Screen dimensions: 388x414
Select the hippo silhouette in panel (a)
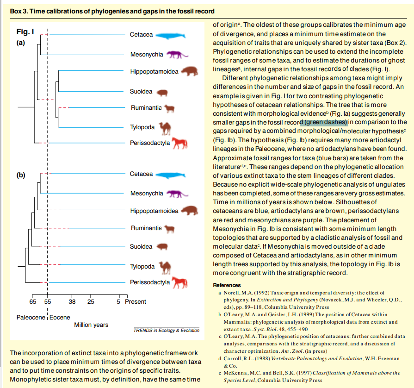[189, 71]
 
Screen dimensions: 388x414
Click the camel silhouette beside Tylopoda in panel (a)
[165, 127]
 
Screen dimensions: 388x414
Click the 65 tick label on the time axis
[32, 302]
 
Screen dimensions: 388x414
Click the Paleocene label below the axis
[31, 317]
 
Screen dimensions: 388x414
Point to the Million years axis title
[91, 325]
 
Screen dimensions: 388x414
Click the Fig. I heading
[25, 32]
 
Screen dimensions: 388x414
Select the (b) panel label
[21, 175]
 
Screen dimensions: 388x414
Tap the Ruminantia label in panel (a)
[146, 108]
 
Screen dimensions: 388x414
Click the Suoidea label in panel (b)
[141, 246]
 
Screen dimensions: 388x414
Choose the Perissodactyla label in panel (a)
[150, 143]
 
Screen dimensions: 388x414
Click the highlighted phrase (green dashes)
[324, 122]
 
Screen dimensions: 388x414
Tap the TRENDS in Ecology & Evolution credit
[167, 331]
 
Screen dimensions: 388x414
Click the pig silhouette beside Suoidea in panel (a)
[162, 93]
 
